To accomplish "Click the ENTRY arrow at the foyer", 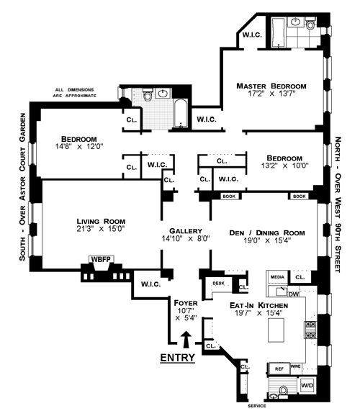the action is pos(186,339).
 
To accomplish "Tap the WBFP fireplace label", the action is pos(101,259).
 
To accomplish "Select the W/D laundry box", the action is pos(307,385).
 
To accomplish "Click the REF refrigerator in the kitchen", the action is pos(279,368).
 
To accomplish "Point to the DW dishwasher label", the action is pos(293,294).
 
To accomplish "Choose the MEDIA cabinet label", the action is pos(277,277).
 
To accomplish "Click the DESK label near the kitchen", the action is pos(218,284).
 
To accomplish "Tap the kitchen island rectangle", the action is pos(276,330).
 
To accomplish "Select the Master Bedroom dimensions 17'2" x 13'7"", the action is pos(271,94).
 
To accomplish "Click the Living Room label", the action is pos(101,221).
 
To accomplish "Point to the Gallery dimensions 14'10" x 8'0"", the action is pos(186,238).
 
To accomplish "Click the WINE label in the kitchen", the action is pos(295,366).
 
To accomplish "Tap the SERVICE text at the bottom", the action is pos(257,406).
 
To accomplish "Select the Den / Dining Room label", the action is pos(267,233).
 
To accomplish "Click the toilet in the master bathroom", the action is pos(310,24).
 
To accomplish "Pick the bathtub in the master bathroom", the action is pos(278,33).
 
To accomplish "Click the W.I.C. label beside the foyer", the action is pos(150,284).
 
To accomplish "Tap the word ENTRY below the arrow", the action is pos(178,358).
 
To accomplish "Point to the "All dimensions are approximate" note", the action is pos(75,93).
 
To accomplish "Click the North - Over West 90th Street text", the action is pos(338,204).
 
